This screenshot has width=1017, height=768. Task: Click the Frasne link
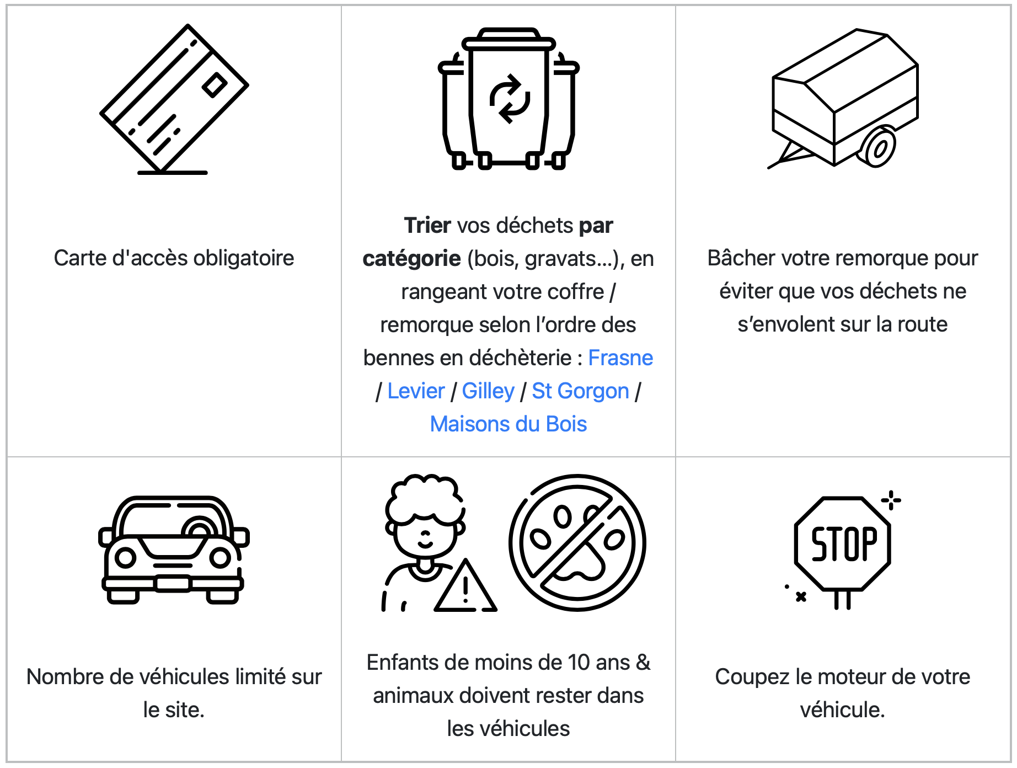[620, 358]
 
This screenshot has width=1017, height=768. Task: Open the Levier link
[416, 391]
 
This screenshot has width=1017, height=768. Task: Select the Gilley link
[488, 391]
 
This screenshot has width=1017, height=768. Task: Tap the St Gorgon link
[580, 391]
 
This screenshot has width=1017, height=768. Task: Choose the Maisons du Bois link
[508, 424]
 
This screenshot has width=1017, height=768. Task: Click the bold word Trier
[427, 226]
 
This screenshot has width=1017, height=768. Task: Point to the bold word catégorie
[411, 259]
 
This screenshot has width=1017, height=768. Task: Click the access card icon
[174, 99]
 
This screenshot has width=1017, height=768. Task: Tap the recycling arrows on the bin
[510, 99]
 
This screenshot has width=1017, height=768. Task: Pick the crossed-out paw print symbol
[577, 543]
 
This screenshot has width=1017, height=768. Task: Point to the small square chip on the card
[215, 85]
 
